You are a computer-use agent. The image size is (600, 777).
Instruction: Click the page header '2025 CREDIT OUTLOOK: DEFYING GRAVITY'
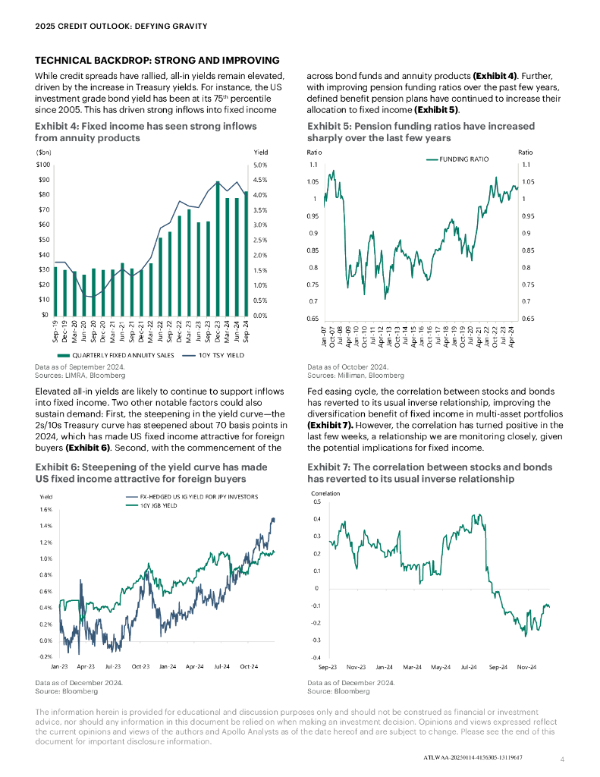pyautogui.click(x=121, y=27)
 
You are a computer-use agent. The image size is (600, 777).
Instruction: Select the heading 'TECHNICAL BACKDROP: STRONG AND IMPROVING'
pyautogui.click(x=158, y=61)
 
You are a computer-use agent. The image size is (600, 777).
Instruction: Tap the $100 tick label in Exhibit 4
pyautogui.click(x=42, y=165)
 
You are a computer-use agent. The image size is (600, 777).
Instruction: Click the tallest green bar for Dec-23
pyautogui.click(x=218, y=250)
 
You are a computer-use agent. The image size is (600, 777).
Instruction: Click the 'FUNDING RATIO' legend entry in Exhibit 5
pyautogui.click(x=459, y=159)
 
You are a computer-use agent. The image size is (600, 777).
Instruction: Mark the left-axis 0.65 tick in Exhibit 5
pyautogui.click(x=313, y=319)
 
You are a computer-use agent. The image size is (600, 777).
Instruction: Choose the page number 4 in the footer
pyautogui.click(x=562, y=759)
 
